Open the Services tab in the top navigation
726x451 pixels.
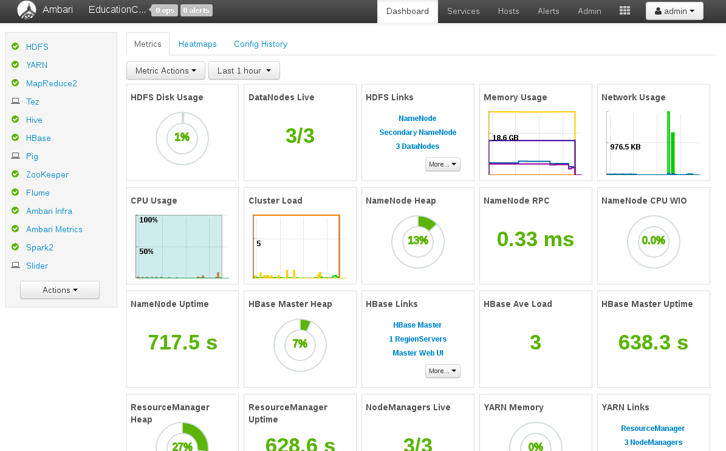point(463,11)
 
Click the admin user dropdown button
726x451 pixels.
point(674,11)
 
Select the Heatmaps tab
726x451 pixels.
point(197,44)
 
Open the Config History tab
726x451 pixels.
point(261,44)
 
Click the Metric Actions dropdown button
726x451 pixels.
point(166,71)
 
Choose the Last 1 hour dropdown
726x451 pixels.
point(244,71)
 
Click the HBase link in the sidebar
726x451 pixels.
point(38,138)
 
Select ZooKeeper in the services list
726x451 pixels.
point(47,174)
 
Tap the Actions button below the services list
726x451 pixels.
point(60,290)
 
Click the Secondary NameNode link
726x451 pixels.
point(417,133)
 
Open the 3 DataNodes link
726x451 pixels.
point(417,146)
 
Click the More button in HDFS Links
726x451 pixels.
point(443,164)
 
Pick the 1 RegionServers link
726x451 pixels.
point(417,339)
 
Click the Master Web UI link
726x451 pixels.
point(417,353)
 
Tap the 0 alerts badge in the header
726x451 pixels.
point(196,10)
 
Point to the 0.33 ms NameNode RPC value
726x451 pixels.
point(535,239)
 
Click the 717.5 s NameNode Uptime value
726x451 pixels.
point(182,343)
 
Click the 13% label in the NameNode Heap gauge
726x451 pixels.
point(417,240)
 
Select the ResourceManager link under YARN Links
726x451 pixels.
point(653,429)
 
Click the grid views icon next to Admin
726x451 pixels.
point(625,11)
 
